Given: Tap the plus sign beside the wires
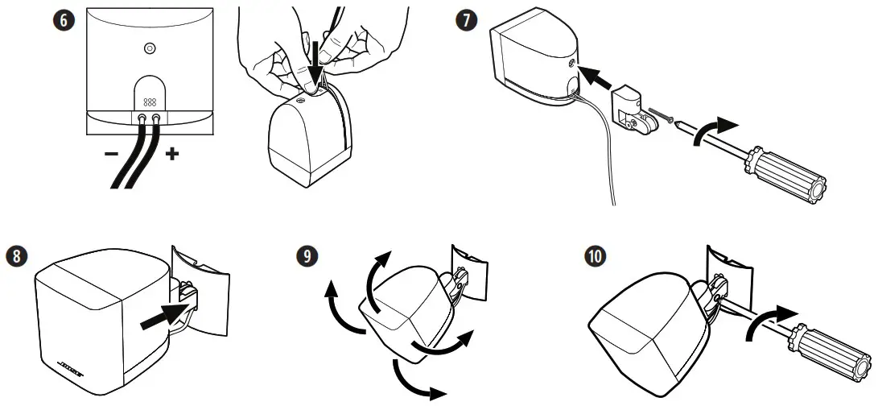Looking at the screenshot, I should (171, 153).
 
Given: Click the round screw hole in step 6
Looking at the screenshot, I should (149, 49).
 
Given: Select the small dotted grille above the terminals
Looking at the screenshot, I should (149, 103).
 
